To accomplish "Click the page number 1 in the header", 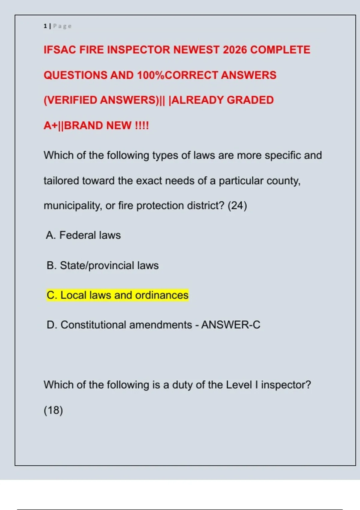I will [x=45, y=26].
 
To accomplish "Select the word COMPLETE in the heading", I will [x=280, y=50].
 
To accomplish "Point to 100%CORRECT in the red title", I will [x=177, y=75].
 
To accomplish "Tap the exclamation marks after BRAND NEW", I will [x=142, y=125].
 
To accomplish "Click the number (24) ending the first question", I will [x=237, y=206].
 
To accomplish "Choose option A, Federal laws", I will [x=83, y=235].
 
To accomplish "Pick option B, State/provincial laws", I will [x=103, y=265].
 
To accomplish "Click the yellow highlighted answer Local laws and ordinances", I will [x=117, y=295].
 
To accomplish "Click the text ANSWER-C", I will [x=231, y=325].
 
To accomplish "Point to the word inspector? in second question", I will [x=286, y=385].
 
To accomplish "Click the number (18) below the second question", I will [x=53, y=410].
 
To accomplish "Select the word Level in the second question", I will [x=239, y=385].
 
